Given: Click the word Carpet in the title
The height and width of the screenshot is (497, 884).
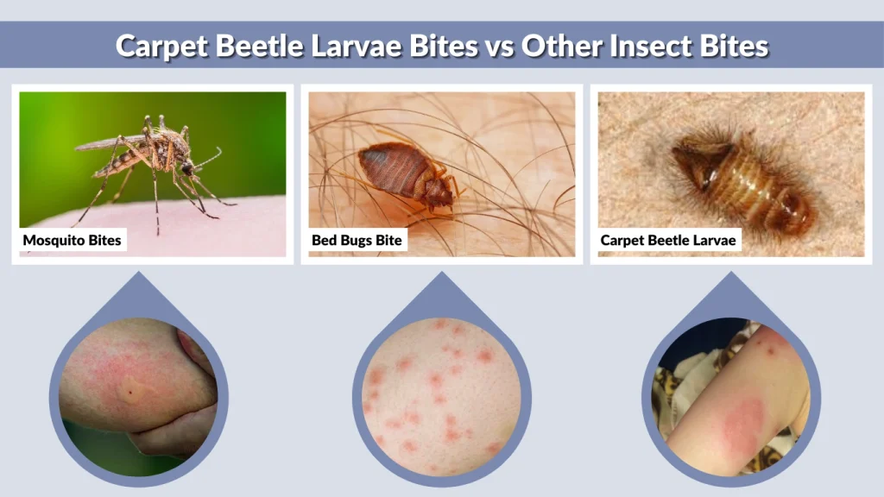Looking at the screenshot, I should (161, 46).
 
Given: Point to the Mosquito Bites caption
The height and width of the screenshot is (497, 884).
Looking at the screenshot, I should (73, 240).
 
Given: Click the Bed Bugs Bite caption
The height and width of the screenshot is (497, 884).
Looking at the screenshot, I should (357, 240).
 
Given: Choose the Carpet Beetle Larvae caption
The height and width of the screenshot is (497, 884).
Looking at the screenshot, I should (668, 240).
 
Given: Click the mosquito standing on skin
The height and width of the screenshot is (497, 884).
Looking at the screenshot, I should (155, 160).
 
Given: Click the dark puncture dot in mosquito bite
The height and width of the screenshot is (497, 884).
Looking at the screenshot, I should (129, 393).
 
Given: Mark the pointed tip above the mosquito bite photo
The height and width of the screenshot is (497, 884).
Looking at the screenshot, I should (139, 274).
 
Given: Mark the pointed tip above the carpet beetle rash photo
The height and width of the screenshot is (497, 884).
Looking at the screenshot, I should (730, 274).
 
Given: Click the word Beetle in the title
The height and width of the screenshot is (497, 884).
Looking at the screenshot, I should (256, 46).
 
